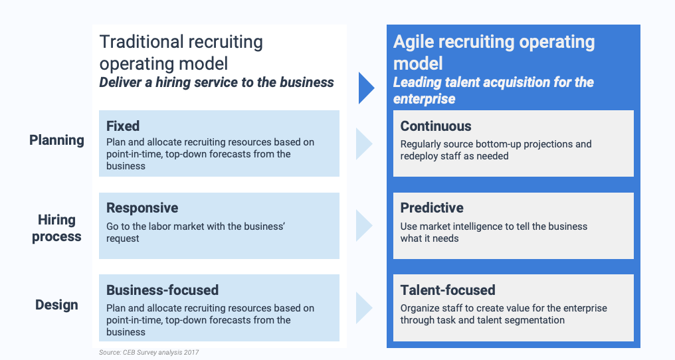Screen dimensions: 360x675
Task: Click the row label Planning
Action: click(x=56, y=140)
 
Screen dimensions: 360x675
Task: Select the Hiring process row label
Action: click(x=56, y=228)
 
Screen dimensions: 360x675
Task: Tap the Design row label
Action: click(x=56, y=305)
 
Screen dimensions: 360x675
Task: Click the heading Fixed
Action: click(x=123, y=126)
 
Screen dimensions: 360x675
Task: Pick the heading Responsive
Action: click(x=142, y=208)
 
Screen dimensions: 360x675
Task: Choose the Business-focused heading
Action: click(x=162, y=290)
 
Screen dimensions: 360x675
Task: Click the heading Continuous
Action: click(x=436, y=126)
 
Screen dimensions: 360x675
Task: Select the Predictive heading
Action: click(x=432, y=208)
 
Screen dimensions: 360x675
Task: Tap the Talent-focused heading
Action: click(x=448, y=290)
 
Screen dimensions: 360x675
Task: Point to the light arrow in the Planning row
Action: click(x=363, y=143)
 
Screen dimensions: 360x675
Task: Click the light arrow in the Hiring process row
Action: click(x=363, y=226)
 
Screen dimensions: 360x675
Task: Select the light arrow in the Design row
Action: click(x=363, y=308)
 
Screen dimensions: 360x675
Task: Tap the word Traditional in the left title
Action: click(x=140, y=42)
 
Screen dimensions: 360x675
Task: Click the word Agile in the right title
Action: click(x=412, y=42)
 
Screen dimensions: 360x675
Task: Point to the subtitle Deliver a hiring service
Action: click(x=217, y=82)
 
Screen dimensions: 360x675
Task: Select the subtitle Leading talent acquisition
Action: click(x=493, y=90)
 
